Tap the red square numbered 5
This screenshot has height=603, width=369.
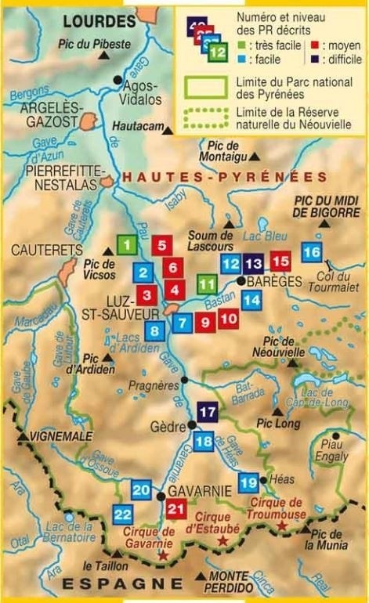[x=161, y=245]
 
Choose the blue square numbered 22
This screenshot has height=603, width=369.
[x=122, y=515]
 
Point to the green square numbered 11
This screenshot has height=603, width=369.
[x=207, y=283]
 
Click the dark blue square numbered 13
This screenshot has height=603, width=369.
[x=254, y=263]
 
